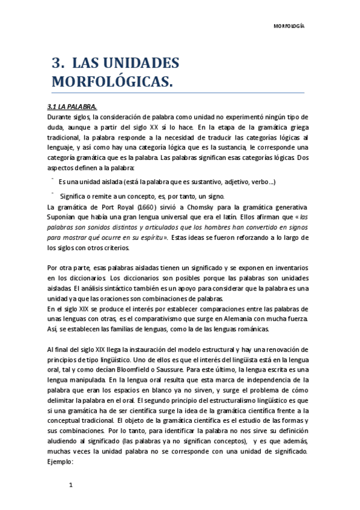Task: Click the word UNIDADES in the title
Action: [141, 63]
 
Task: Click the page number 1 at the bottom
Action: [71, 485]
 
